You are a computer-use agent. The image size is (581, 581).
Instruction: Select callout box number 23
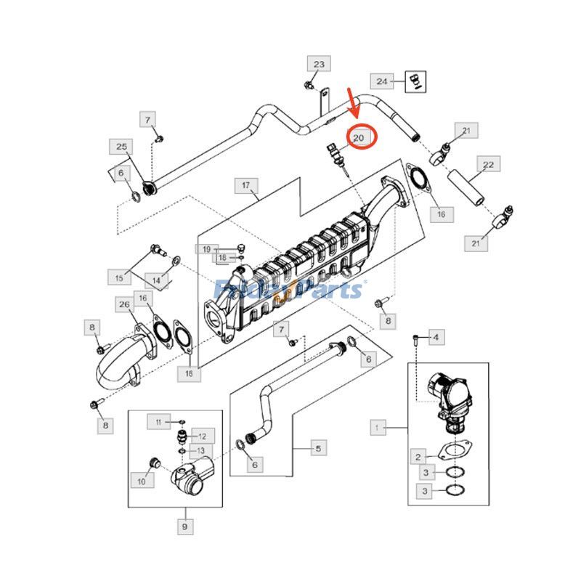[x=318, y=65]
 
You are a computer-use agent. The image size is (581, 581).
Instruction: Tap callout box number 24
[x=383, y=81]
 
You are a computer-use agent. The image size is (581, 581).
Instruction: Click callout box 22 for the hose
[x=488, y=165]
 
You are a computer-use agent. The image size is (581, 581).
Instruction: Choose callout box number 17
[x=246, y=187]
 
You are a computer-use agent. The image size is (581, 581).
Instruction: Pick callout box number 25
[x=121, y=147]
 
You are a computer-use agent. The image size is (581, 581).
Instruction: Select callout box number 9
[x=184, y=526]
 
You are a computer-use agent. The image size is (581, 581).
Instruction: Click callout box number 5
[x=317, y=449]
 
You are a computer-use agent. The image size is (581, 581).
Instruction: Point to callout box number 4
[x=436, y=337]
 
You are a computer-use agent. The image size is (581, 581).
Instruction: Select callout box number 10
[x=142, y=480]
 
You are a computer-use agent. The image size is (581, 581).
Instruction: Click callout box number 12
[x=202, y=436]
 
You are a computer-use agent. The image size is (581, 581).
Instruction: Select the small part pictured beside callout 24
[x=417, y=80]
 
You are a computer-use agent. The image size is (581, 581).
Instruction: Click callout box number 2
[x=418, y=457]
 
